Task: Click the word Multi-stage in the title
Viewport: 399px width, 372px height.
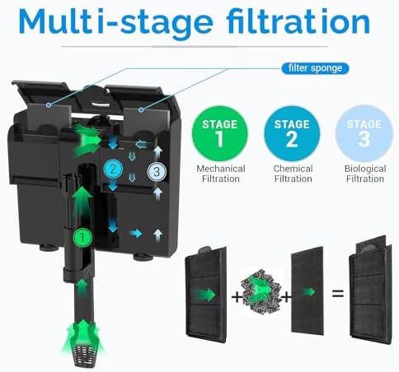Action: [x=115, y=22]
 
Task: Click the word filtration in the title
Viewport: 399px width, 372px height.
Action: [x=298, y=21]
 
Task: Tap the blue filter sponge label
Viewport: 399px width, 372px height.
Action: [x=315, y=68]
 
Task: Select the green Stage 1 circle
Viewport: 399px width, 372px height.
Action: [x=220, y=133]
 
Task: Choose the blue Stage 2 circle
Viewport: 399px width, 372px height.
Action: [x=292, y=133]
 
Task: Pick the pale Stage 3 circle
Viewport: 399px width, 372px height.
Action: [x=364, y=133]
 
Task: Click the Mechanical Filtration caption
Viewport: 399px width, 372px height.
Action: [x=221, y=174]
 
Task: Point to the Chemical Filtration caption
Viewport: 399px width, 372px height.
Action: [x=293, y=174]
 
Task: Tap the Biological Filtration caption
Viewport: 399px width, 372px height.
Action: [x=365, y=174]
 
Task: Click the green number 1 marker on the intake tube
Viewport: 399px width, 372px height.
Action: [x=82, y=237]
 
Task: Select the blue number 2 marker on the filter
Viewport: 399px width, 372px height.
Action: [x=113, y=170]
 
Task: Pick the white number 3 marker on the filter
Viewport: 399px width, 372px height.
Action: [x=157, y=172]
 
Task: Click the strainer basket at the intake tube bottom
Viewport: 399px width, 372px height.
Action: [x=84, y=356]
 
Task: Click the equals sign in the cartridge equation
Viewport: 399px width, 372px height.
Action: [x=338, y=294]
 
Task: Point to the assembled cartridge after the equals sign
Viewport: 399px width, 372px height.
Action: [x=371, y=290]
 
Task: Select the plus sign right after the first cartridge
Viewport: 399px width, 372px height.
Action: [x=237, y=297]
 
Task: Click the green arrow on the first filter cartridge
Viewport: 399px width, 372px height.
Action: [x=205, y=295]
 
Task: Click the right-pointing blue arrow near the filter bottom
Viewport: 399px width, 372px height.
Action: [x=136, y=234]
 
